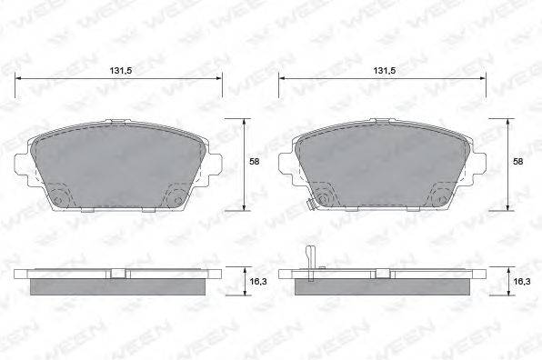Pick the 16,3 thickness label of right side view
(x=517, y=283)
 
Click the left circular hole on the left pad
(x=60, y=199)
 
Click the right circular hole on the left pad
(x=178, y=199)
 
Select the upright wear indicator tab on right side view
(x=310, y=258)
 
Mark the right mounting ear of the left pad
(x=216, y=165)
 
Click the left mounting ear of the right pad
(x=286, y=165)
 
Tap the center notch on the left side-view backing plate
(x=119, y=272)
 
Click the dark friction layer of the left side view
(x=120, y=286)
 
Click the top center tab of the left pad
(x=119, y=123)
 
